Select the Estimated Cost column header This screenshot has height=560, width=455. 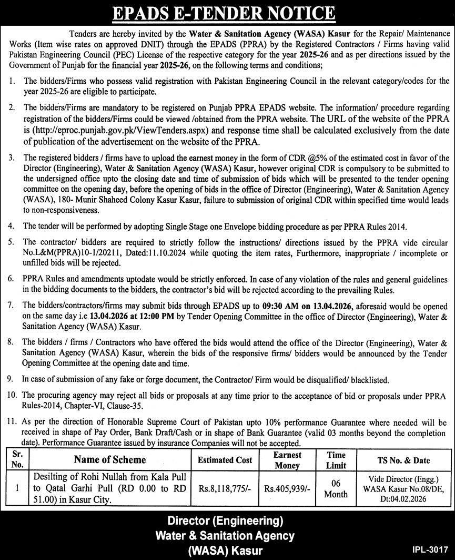pyautogui.click(x=225, y=460)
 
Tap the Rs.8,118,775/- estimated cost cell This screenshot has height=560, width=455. pyautogui.click(x=225, y=488)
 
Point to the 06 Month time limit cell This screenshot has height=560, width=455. pyautogui.click(x=336, y=488)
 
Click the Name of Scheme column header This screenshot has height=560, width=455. pyautogui.click(x=110, y=460)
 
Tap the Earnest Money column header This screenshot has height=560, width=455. pyautogui.click(x=287, y=460)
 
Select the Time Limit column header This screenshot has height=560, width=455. pyautogui.click(x=336, y=460)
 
